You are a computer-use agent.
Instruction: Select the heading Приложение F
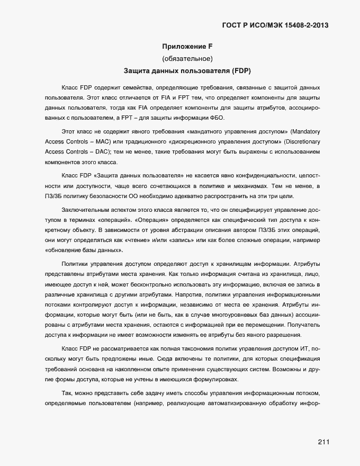187,46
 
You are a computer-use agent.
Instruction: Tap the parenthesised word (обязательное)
187,58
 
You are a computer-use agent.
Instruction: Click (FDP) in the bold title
240,69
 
